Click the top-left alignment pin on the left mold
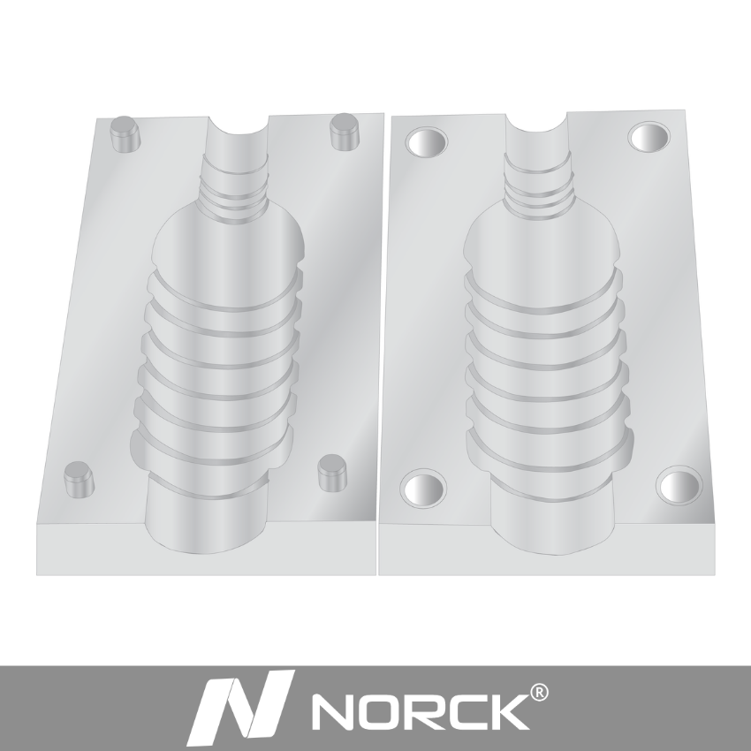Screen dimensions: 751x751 click(x=124, y=134)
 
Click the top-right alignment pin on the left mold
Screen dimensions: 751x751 click(x=343, y=132)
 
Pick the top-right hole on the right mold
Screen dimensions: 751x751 click(x=649, y=137)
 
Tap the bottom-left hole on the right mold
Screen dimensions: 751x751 click(x=424, y=488)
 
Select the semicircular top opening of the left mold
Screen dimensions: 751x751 click(x=236, y=132)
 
